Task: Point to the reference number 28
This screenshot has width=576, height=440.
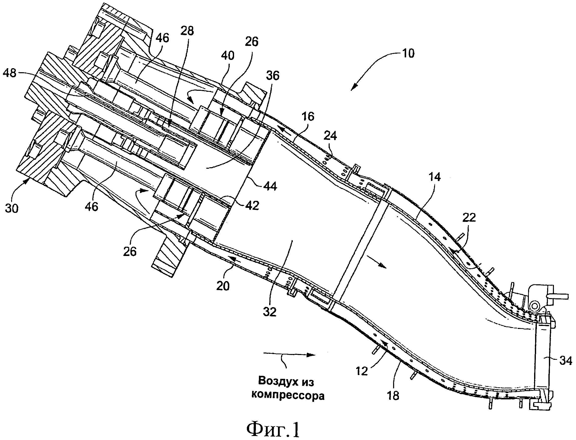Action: pos(187,31)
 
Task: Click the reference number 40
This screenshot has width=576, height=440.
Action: pos(228,56)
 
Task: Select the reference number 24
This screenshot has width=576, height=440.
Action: pos(330,136)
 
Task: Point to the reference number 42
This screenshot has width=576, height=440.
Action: pos(252,206)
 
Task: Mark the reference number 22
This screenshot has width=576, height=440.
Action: pos(469,217)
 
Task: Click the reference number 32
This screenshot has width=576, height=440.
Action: pos(270,312)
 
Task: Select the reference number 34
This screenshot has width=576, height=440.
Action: pos(565,361)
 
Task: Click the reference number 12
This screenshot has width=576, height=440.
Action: pos(362,371)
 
